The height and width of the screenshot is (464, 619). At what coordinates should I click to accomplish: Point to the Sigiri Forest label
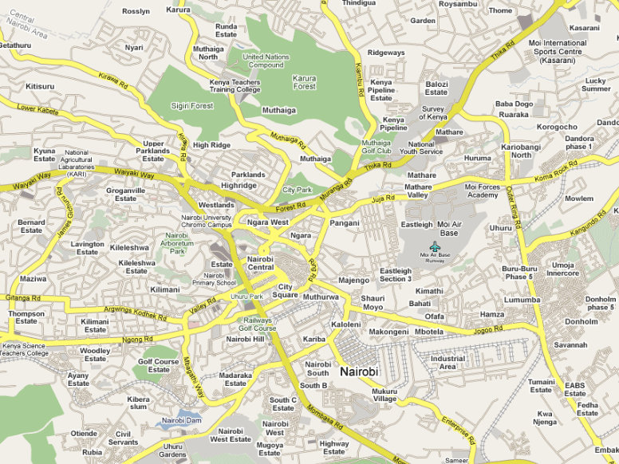[191, 105]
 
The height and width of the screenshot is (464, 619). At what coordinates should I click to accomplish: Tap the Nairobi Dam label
[182, 419]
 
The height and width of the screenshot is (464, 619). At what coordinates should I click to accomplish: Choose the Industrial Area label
[447, 363]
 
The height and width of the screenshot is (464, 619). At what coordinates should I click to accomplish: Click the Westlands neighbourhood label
[217, 205]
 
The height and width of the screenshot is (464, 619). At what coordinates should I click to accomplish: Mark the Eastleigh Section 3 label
[396, 274]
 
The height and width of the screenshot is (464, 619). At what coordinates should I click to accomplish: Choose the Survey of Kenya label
[434, 112]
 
